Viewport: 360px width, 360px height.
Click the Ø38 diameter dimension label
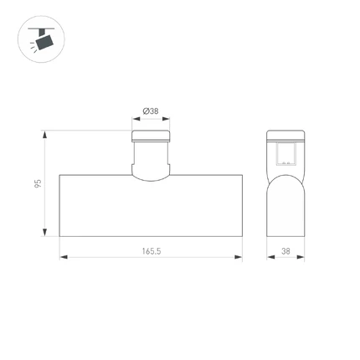pos(151,111)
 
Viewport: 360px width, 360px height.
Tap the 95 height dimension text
pos(38,183)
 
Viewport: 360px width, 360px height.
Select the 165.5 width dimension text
pos(152,251)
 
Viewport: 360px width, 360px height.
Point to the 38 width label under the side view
pos(285,251)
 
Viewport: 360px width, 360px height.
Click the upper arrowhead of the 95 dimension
pos(44,135)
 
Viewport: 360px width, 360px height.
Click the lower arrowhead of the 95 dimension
pos(44,232)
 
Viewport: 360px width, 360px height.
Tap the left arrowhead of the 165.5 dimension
pos(64,257)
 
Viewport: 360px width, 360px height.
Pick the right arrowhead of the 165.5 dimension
pos(239,257)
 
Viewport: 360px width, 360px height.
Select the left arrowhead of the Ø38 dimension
pos(136,119)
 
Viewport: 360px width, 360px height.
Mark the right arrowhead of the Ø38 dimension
pos(166,119)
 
